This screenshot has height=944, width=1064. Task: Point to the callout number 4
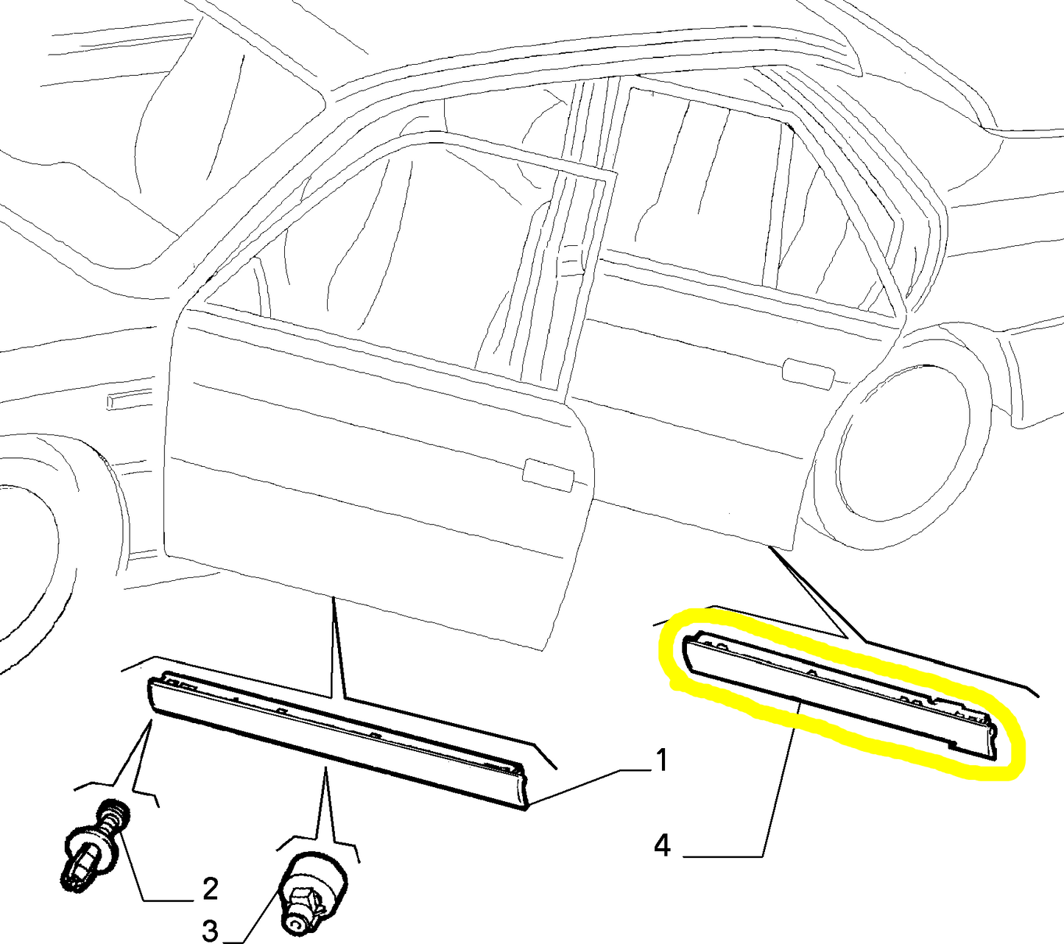click(x=662, y=847)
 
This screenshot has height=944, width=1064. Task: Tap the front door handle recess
click(x=547, y=476)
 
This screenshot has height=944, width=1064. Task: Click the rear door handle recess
click(x=808, y=374)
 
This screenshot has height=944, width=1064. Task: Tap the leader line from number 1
click(x=591, y=786)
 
